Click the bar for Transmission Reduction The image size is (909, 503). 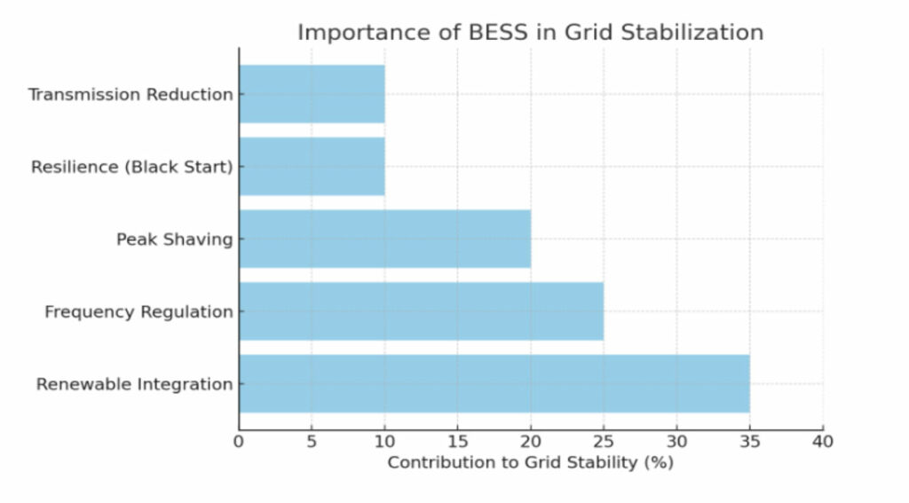[x=312, y=94]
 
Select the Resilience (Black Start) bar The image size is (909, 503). [x=312, y=166]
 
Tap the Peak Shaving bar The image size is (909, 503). [x=384, y=239]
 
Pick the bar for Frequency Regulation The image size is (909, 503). [x=421, y=311]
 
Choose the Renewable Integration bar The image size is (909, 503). [x=494, y=384]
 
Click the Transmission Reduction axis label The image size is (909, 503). [x=130, y=94]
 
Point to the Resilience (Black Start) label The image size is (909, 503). [x=131, y=167]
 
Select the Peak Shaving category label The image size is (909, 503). [x=174, y=239]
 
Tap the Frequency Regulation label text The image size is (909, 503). [x=138, y=311]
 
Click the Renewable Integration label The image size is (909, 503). [x=134, y=384]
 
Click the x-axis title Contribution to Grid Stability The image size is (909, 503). [x=530, y=462]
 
